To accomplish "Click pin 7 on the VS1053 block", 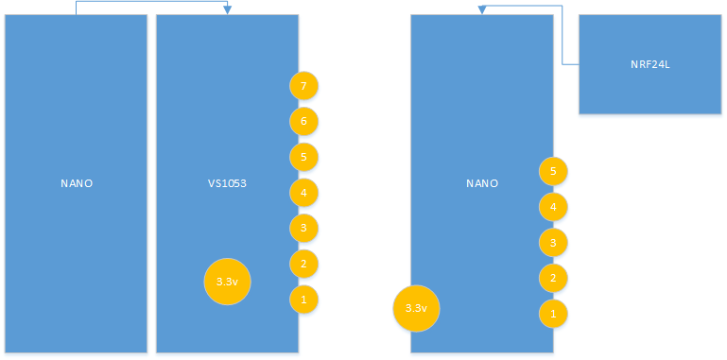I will point(303,86).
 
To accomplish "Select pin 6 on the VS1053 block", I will point(303,121).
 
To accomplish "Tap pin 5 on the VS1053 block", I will point(303,157).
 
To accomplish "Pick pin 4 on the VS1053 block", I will point(303,193).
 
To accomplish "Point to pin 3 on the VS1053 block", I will point(303,228).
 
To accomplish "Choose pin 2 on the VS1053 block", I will point(303,264).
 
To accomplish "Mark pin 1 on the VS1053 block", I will point(303,300).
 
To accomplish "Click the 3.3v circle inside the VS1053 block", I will point(227,282).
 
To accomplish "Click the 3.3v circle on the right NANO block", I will point(416,308).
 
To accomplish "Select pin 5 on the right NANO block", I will point(553,171).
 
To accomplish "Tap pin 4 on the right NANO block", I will point(553,206).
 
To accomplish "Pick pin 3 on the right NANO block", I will point(553,242).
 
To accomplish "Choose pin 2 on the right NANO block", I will point(553,278).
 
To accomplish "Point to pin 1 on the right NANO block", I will point(553,313).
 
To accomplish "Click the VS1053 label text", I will point(227,183).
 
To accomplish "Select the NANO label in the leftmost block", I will point(76,183).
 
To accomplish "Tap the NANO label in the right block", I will point(481,183).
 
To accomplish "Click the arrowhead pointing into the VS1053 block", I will point(227,10).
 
